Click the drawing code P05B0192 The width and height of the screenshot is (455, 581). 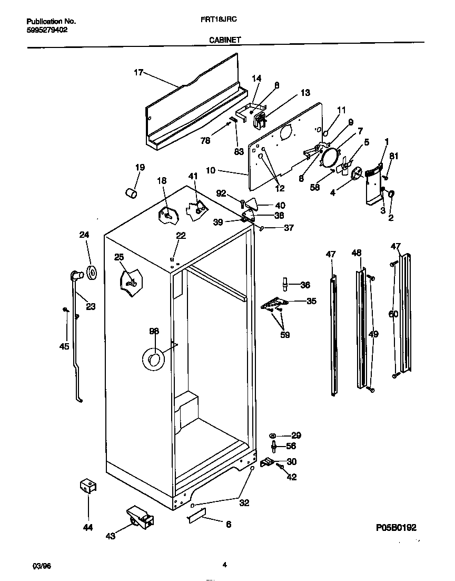tap(400, 527)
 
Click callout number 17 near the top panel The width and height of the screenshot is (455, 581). tap(138, 73)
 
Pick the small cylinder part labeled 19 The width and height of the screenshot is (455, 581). tap(131, 193)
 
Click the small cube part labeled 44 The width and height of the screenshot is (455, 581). tap(87, 486)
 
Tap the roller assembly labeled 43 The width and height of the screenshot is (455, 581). tap(139, 516)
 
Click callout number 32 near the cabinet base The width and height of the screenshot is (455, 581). tap(244, 503)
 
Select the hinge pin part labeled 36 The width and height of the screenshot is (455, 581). tap(285, 285)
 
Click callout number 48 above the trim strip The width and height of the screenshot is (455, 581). tap(357, 254)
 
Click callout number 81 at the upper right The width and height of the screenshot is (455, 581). tap(393, 156)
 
